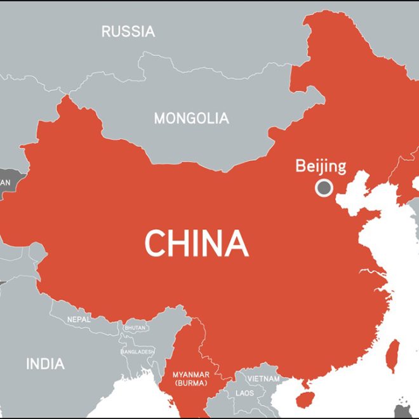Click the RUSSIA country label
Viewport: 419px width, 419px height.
(x=128, y=31)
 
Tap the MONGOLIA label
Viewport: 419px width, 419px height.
(x=191, y=118)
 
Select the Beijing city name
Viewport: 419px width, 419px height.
(x=321, y=166)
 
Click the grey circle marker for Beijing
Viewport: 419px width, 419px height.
(x=324, y=187)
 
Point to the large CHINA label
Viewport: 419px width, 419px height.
(x=196, y=243)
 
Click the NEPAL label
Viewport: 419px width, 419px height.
(x=79, y=319)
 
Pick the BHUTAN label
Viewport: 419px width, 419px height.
(x=136, y=328)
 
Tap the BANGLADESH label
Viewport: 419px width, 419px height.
(x=137, y=351)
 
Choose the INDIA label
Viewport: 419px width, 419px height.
(x=44, y=364)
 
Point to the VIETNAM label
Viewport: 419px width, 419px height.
(x=263, y=378)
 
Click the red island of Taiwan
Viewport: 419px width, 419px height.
(x=393, y=355)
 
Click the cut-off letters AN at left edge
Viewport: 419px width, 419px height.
(x=5, y=183)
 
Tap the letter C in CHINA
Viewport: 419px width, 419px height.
(x=156, y=243)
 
